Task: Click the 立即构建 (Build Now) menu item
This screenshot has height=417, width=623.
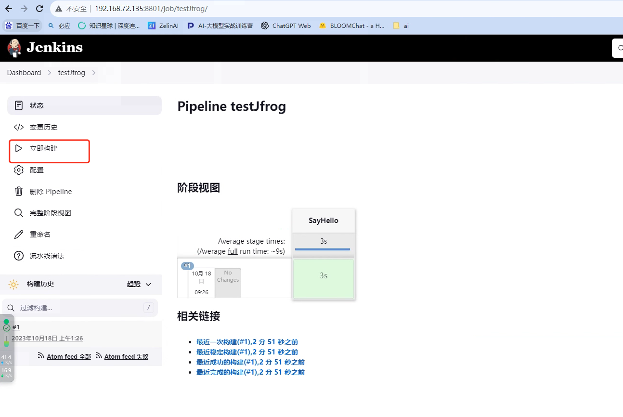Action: pyautogui.click(x=43, y=149)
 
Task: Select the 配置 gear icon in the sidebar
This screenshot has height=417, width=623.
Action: pyautogui.click(x=19, y=170)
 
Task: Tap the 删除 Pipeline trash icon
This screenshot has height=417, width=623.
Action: pyautogui.click(x=19, y=192)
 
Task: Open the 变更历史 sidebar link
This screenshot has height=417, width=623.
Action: pyautogui.click(x=43, y=127)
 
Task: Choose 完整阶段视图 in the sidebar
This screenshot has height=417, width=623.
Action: pyautogui.click(x=50, y=213)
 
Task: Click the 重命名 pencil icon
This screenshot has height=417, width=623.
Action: pyautogui.click(x=19, y=235)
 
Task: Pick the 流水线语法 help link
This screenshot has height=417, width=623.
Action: pyautogui.click(x=47, y=256)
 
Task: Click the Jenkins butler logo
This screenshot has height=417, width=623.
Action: pyautogui.click(x=14, y=48)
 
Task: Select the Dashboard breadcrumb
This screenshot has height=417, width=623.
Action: pyautogui.click(x=24, y=73)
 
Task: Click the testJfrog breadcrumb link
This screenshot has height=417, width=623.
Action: pyautogui.click(x=71, y=73)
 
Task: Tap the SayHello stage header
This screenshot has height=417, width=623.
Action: pyautogui.click(x=324, y=221)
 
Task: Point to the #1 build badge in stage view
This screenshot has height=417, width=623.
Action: pyautogui.click(x=187, y=266)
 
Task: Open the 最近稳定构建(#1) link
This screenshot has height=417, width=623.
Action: pyautogui.click(x=247, y=352)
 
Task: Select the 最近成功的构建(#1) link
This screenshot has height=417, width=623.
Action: pyautogui.click(x=250, y=362)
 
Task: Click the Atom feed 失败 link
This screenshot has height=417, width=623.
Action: pyautogui.click(x=126, y=357)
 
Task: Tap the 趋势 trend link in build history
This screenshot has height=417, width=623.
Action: pyautogui.click(x=134, y=284)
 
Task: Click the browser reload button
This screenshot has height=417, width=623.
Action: pyautogui.click(x=40, y=9)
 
